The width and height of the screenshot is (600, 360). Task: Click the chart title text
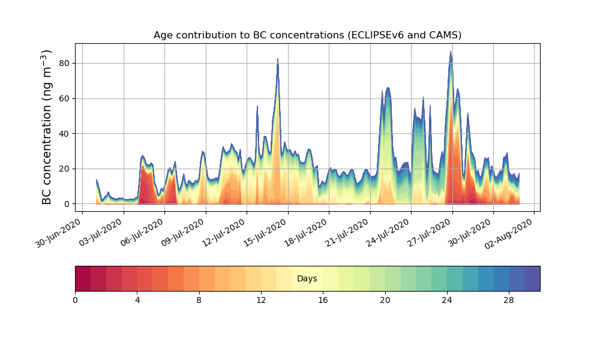307,35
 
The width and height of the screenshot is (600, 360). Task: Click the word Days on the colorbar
307,279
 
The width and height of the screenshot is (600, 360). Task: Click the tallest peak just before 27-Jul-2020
451,52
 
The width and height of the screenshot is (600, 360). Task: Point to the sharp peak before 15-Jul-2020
278,59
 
